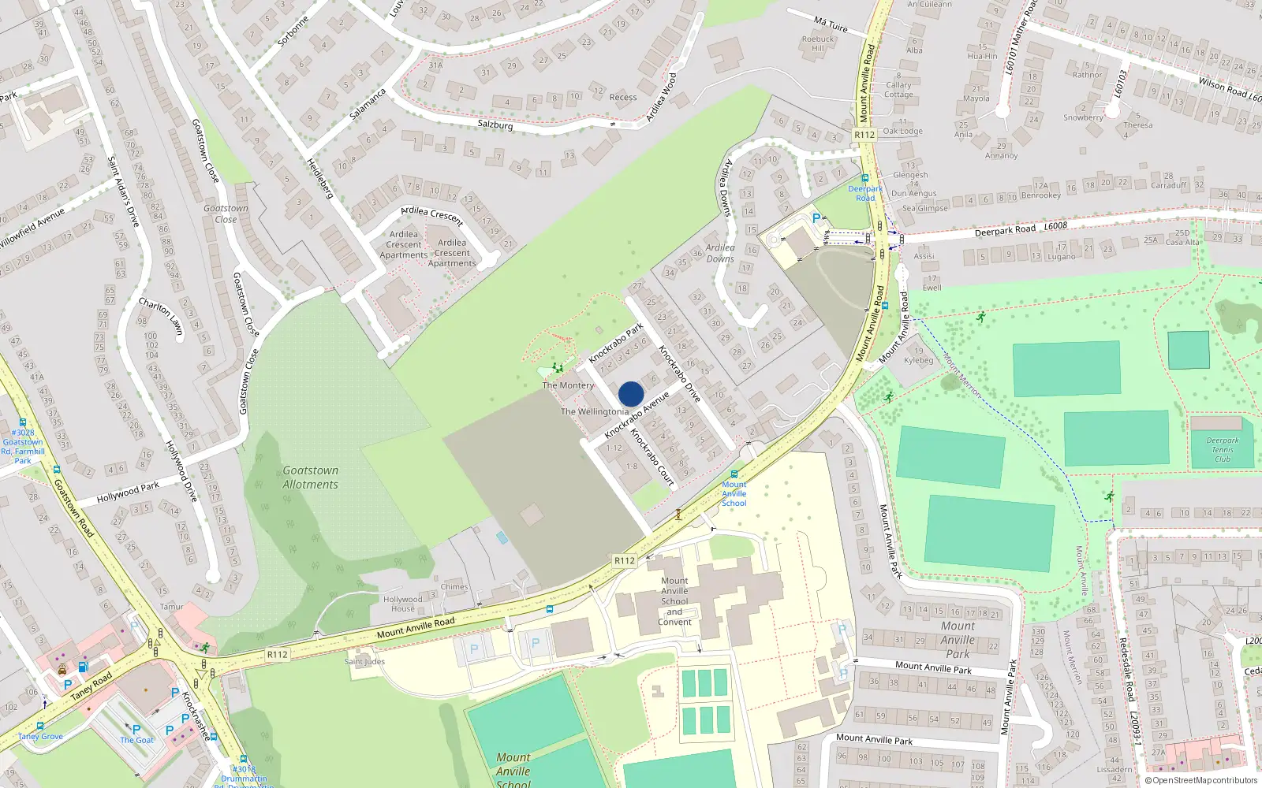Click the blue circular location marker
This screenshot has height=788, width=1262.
click(631, 394)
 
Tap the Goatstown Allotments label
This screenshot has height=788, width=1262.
click(310, 478)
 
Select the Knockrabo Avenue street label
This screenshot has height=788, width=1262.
click(637, 415)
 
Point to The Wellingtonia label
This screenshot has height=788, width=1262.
click(595, 411)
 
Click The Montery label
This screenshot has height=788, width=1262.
click(568, 385)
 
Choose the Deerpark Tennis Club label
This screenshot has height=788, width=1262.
click(1222, 450)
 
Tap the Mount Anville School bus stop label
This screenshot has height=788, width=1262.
click(734, 494)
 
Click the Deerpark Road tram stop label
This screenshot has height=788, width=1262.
click(865, 193)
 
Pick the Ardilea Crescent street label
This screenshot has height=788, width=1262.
click(431, 215)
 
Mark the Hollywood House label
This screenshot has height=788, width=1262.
click(402, 604)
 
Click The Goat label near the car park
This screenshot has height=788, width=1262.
click(136, 740)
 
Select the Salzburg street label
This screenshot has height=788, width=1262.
click(495, 125)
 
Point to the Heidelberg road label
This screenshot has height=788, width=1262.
click(320, 178)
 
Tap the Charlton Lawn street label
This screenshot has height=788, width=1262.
click(161, 316)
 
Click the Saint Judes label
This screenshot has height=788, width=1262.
click(364, 661)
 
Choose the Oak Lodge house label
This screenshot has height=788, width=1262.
click(902, 131)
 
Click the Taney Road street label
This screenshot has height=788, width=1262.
click(91, 686)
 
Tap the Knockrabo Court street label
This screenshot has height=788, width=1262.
click(652, 456)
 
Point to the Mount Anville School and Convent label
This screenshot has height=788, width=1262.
click(674, 601)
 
